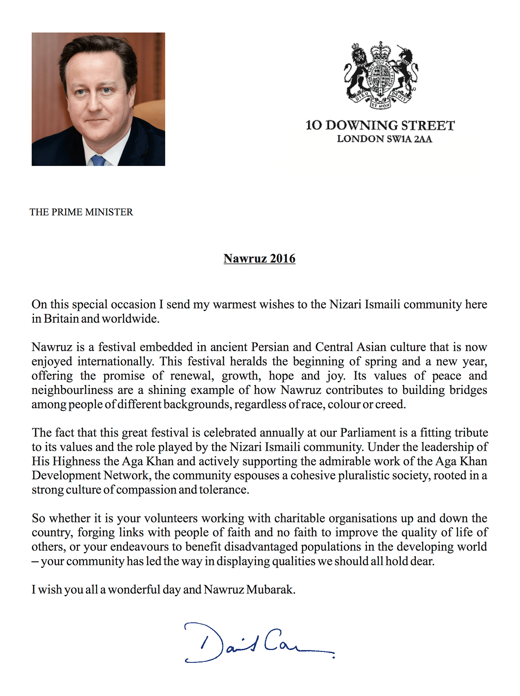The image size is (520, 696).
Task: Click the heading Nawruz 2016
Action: pos(259,258)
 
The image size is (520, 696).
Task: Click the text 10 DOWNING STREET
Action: pos(380,126)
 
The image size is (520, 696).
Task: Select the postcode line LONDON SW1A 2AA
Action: pos(384,139)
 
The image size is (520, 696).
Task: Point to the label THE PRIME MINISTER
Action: pos(81,212)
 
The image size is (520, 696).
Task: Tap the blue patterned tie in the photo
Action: pos(98,161)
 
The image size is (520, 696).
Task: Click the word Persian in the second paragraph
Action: pos(270,347)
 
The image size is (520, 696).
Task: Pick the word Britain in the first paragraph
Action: pos(61,319)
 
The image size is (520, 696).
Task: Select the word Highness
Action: pos(76,461)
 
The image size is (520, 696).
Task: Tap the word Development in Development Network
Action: pos(66,476)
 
